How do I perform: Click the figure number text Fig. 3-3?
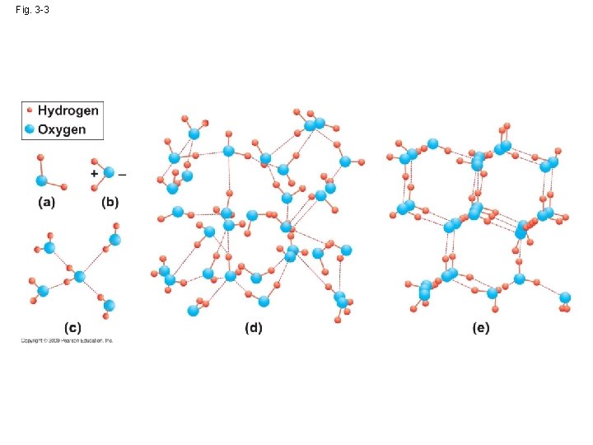(33, 9)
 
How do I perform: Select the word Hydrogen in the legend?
(68, 110)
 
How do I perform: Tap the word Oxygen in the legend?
(62, 129)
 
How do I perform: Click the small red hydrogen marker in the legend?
(30, 110)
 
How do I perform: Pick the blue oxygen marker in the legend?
(30, 129)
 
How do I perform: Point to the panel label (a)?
(45, 203)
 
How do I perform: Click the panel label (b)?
(110, 203)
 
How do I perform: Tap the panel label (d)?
(253, 328)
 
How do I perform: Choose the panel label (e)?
(481, 328)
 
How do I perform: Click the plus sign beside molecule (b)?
(94, 174)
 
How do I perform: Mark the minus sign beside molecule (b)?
(123, 174)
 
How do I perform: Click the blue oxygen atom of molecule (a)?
(40, 180)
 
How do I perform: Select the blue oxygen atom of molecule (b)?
(109, 173)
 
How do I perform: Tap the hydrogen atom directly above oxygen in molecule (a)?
(40, 157)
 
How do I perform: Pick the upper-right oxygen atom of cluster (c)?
(114, 240)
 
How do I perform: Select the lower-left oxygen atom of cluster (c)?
(44, 290)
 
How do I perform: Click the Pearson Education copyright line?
(67, 340)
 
